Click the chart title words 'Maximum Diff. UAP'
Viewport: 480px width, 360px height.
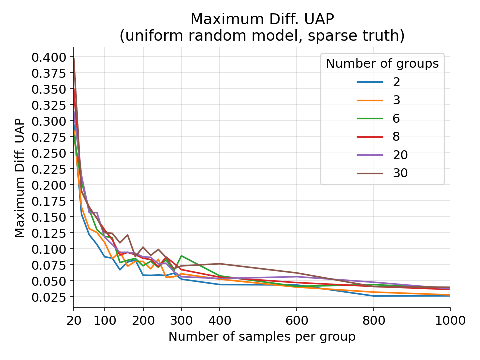(262, 19)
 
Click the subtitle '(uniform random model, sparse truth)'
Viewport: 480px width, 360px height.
(262, 36)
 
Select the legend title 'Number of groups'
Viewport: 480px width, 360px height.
(382, 64)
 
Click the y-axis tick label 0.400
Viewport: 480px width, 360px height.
(49, 57)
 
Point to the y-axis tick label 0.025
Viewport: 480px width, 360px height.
(49, 297)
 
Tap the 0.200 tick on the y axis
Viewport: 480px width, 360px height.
(49, 185)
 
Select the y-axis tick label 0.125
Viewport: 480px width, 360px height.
(49, 233)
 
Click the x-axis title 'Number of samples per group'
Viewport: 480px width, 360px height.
(262, 337)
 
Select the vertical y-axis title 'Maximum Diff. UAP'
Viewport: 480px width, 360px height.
(19, 177)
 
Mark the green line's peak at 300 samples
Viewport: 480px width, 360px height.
(181, 256)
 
